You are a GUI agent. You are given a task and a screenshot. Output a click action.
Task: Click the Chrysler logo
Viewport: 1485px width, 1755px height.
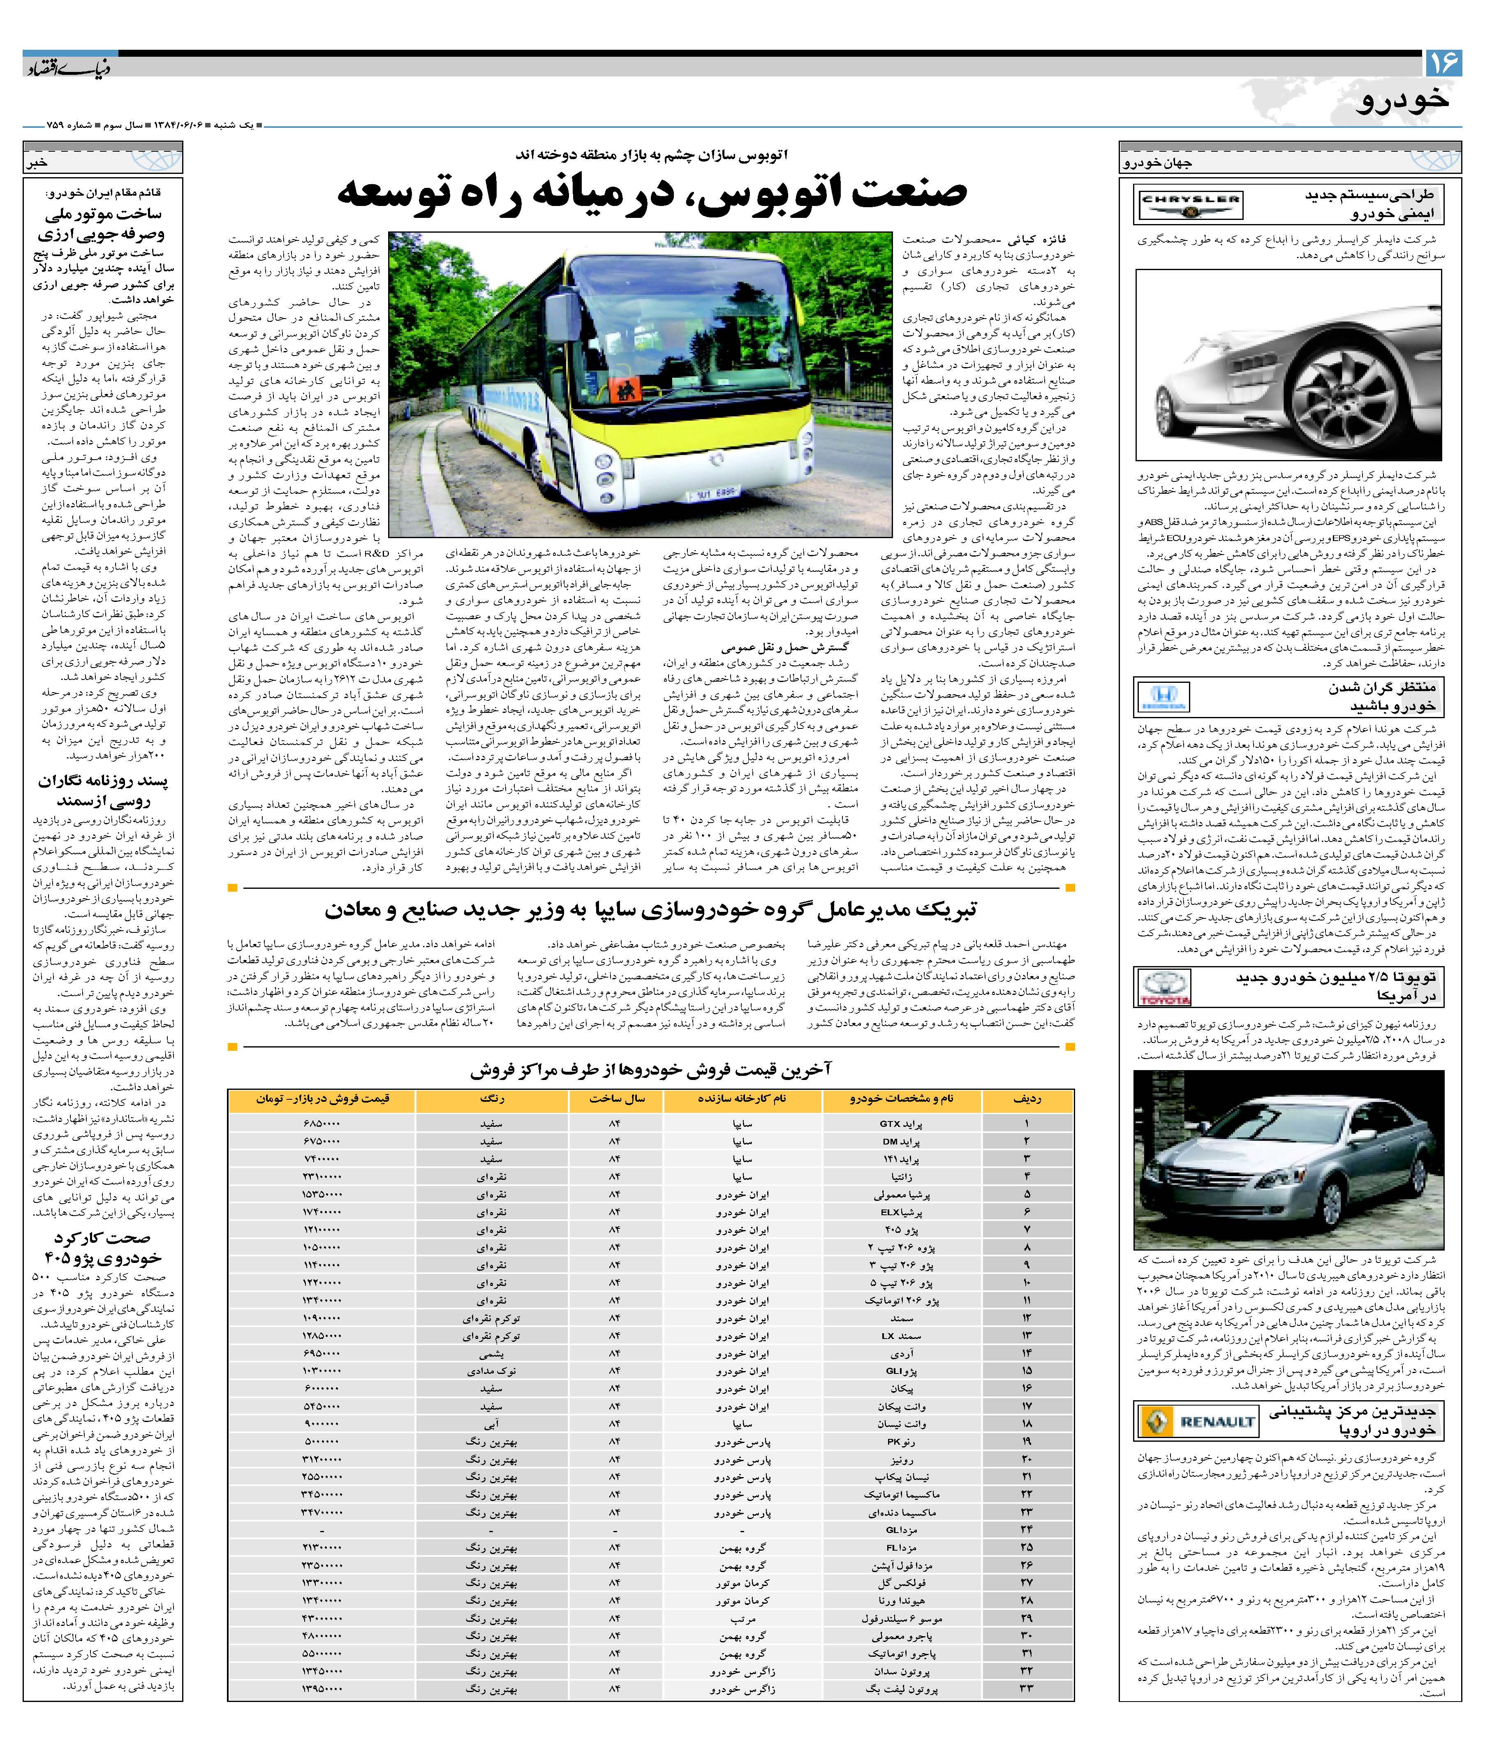coord(1189,203)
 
